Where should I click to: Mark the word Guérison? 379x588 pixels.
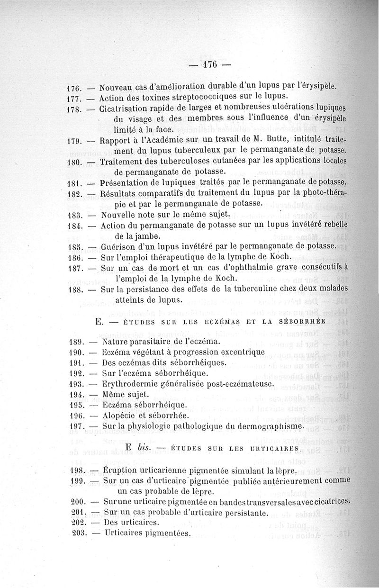[x=118, y=246]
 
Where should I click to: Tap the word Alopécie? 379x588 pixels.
[x=120, y=416]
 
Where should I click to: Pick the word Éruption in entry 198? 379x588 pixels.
[x=118, y=471]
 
